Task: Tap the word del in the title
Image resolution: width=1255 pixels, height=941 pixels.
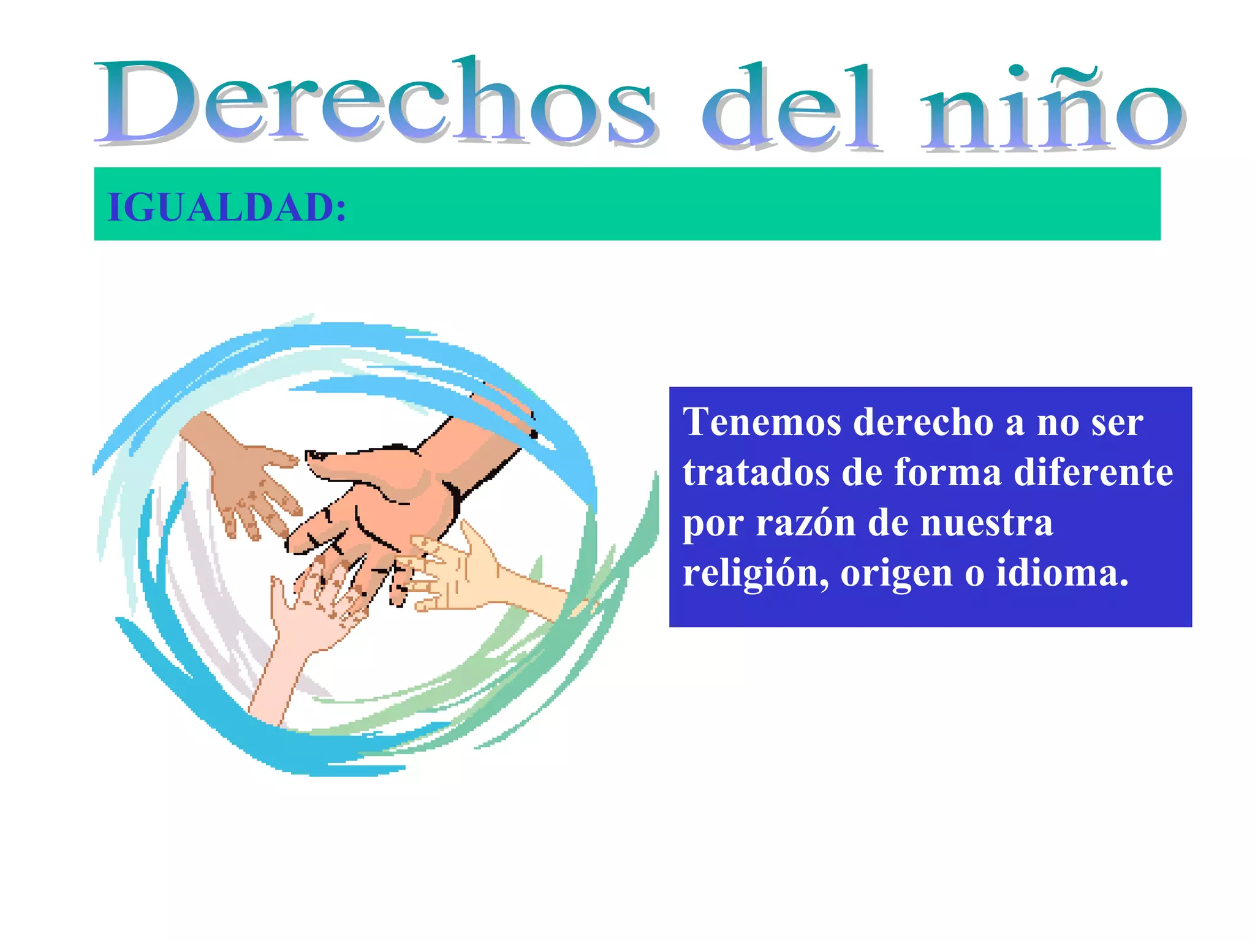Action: pos(791,107)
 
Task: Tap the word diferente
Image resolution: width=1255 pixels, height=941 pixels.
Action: pos(1093,472)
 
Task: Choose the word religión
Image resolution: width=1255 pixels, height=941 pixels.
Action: pos(756,573)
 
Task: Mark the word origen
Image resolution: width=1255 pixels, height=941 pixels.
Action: pos(896,575)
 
